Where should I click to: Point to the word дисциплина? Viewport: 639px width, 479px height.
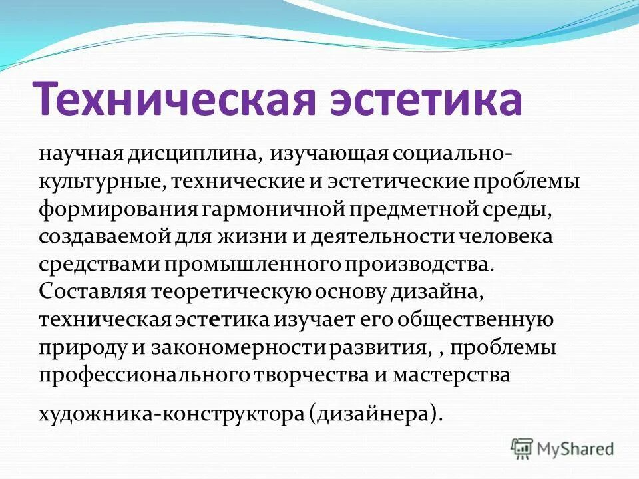click(x=194, y=154)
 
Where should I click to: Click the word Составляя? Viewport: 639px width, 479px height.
click(x=93, y=292)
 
